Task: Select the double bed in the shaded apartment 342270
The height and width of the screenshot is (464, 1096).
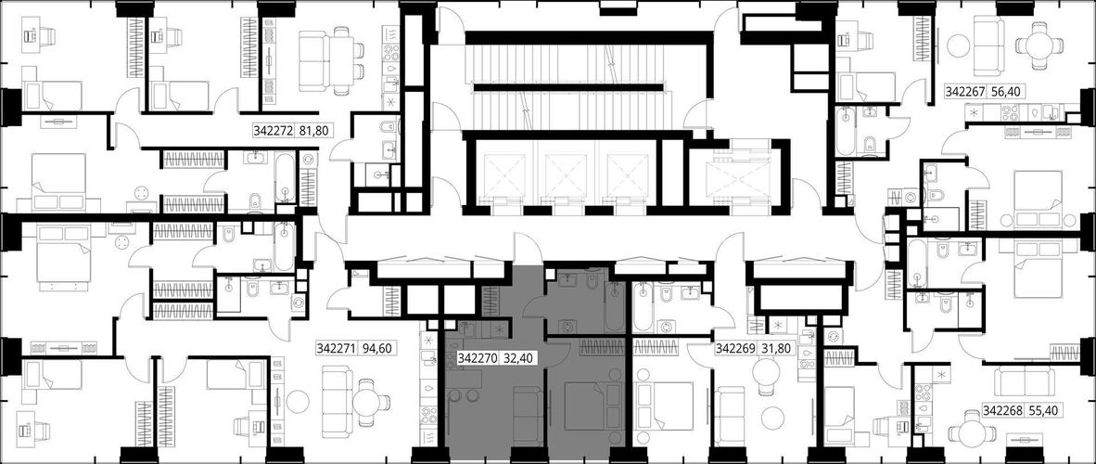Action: (585, 405)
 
